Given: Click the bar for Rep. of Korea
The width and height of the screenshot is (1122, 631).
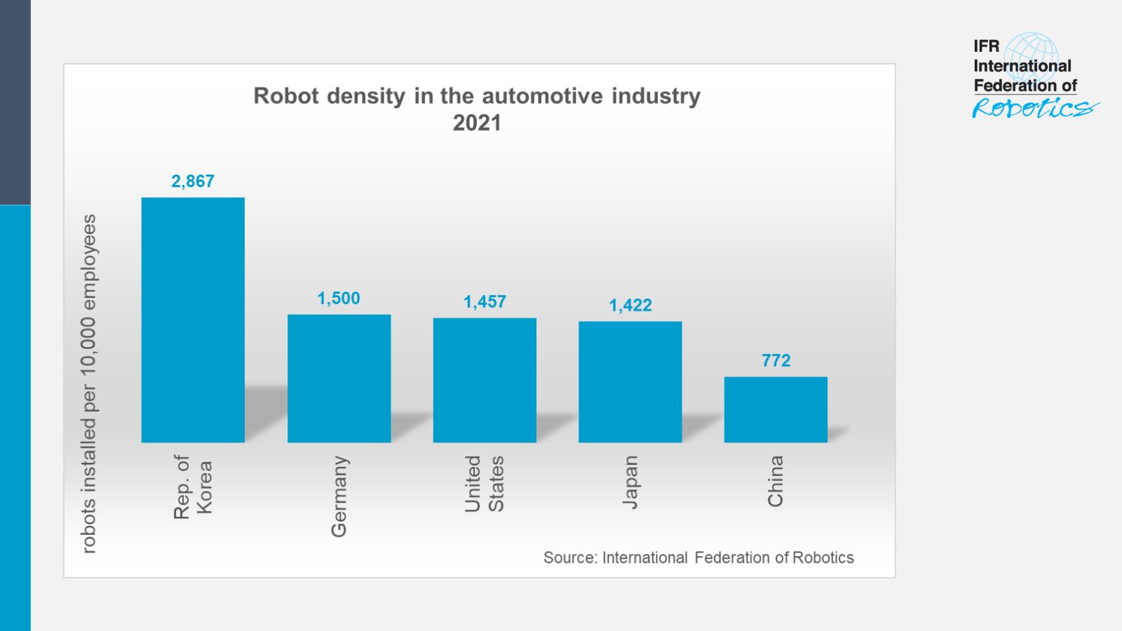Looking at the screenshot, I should [x=193, y=320].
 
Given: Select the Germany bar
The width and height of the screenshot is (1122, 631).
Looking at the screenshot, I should [x=339, y=379].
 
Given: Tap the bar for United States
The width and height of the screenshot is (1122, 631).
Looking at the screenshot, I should [x=485, y=380].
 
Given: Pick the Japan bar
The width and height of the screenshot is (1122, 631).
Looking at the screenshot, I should [x=630, y=382].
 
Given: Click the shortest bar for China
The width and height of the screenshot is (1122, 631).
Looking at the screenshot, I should [x=776, y=409].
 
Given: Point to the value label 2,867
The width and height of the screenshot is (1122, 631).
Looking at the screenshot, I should [x=193, y=181].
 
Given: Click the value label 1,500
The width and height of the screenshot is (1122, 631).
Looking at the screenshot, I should [x=339, y=298].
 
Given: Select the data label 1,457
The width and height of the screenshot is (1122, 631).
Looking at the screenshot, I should [x=485, y=301].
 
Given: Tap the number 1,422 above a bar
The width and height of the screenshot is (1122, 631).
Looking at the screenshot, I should [x=630, y=305].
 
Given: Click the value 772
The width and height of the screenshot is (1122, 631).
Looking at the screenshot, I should [x=776, y=360].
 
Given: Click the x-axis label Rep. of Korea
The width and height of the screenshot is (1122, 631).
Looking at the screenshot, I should [x=192, y=487].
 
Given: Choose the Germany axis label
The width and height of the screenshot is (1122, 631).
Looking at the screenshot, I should [x=339, y=496].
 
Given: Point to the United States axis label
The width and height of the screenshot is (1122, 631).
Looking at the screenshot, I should [x=484, y=484].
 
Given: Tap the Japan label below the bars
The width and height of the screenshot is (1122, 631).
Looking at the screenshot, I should [x=630, y=482].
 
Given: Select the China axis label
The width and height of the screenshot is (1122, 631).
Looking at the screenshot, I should [x=775, y=481].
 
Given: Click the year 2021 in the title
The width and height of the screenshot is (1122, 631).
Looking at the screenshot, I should [x=477, y=123].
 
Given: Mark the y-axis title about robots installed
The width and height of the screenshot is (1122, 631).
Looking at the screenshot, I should [x=89, y=384].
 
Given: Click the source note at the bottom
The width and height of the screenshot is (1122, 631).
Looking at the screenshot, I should [x=698, y=557].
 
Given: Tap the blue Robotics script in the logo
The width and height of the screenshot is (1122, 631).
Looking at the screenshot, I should [x=1032, y=108].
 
